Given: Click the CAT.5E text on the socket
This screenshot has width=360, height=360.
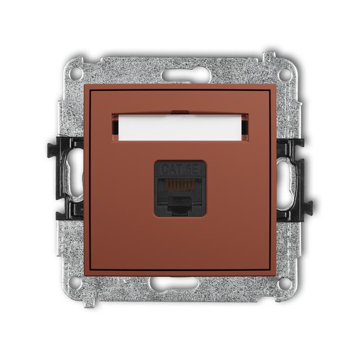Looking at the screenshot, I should coord(179,168).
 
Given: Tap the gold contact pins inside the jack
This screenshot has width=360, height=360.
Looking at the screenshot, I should coord(179,184).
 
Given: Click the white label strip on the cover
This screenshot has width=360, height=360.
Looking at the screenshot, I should coord(179,128).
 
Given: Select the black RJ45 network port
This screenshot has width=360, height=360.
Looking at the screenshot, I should coord(179,188).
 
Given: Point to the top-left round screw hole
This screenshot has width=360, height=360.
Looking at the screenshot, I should coord(75,74).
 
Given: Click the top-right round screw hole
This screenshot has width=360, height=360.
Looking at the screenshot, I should coord(285,74).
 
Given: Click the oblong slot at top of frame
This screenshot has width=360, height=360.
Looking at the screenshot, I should coord(186,75).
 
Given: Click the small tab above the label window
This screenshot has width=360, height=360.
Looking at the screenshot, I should coord(179,112).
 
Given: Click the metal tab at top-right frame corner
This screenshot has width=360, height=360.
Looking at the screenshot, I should coord(271,56).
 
